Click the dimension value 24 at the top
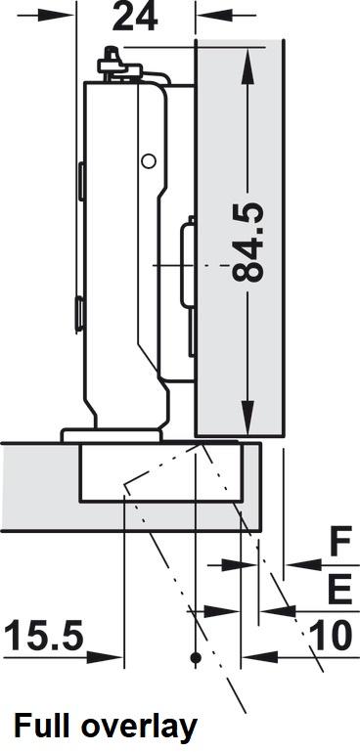(x=134, y=17)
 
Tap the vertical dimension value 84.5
(x=247, y=243)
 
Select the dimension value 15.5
(x=44, y=637)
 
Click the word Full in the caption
(x=44, y=727)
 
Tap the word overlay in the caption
(x=138, y=730)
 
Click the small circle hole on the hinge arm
(x=149, y=161)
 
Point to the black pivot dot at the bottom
(x=196, y=657)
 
